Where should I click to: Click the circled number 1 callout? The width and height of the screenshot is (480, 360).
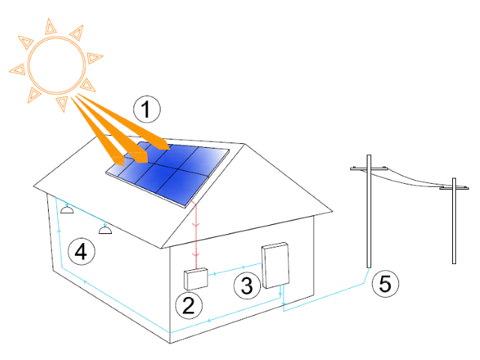(147, 109)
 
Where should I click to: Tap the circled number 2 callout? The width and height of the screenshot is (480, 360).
(189, 305)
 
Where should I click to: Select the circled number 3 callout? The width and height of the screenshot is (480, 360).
(247, 285)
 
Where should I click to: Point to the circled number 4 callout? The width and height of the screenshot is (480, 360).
(81, 252)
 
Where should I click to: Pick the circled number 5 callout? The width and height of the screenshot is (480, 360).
(385, 283)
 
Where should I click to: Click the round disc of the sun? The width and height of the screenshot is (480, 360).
(57, 65)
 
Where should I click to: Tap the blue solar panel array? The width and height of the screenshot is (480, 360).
(168, 173)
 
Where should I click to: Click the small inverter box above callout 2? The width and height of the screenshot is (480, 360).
(196, 279)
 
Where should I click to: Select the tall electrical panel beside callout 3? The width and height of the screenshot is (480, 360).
(275, 265)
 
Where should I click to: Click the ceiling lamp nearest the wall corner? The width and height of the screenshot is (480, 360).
(67, 210)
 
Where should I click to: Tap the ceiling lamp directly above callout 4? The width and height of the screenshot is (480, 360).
(105, 230)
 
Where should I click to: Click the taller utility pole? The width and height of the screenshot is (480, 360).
(369, 211)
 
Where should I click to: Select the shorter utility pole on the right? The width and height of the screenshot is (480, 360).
(454, 220)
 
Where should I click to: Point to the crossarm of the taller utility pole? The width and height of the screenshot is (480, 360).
(369, 168)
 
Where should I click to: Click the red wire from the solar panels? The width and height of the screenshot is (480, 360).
(196, 235)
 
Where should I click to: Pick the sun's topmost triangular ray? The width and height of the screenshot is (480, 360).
(50, 27)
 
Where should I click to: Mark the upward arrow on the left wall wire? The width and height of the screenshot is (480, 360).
(59, 231)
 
